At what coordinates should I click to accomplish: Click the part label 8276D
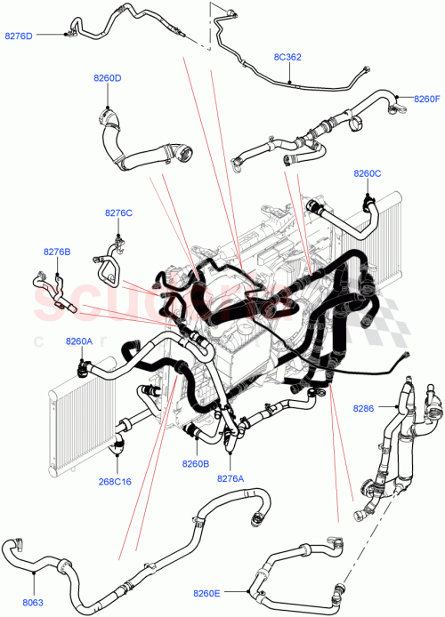19,36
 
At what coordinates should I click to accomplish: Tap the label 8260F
427,99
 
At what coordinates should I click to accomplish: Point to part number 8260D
107,78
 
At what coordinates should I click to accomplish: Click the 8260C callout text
367,173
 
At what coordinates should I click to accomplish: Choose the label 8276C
117,212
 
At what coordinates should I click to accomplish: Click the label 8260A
79,341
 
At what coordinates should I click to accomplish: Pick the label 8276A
230,477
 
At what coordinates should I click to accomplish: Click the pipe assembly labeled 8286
392,445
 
